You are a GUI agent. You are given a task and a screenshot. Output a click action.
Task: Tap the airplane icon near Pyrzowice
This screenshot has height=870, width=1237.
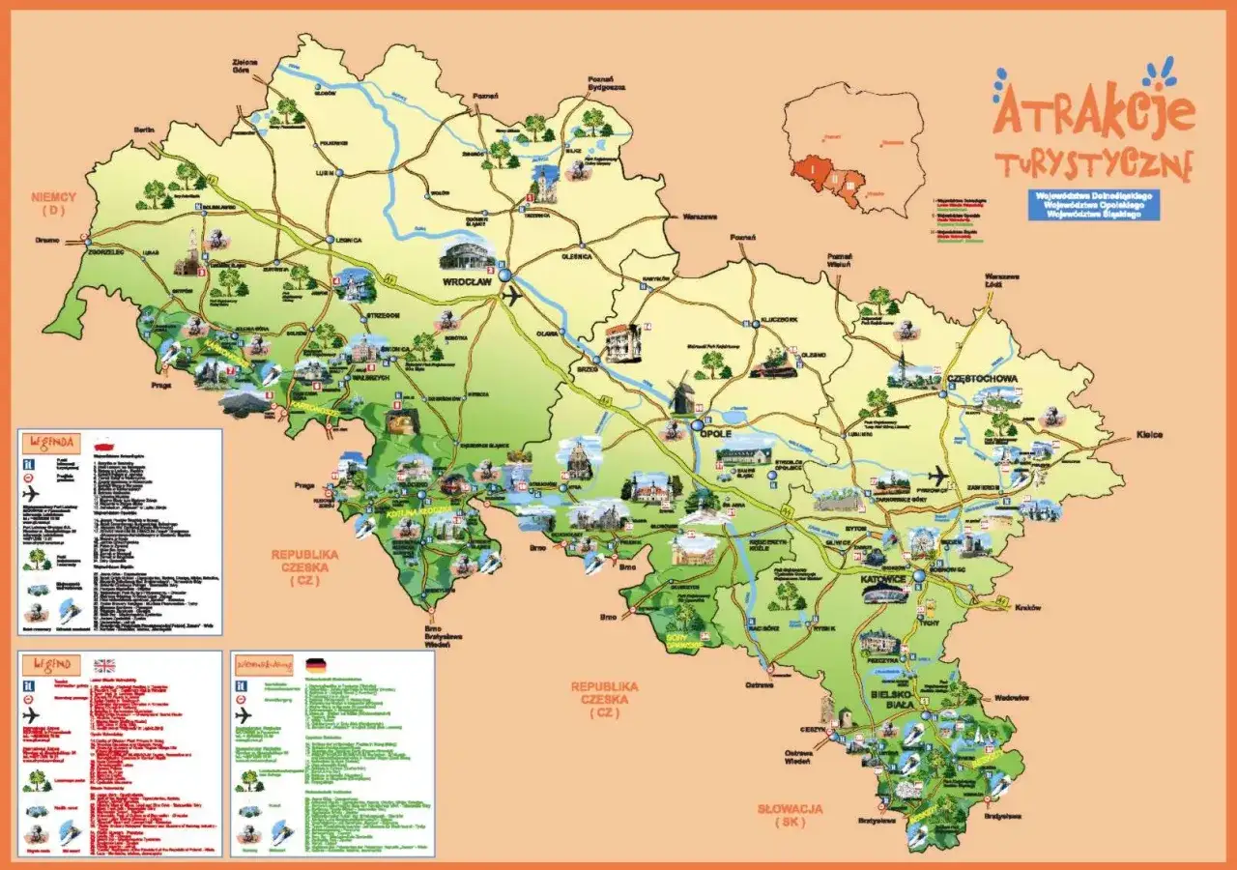coord(936,476)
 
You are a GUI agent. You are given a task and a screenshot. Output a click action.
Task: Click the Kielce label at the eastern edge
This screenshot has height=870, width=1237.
coord(1149,435)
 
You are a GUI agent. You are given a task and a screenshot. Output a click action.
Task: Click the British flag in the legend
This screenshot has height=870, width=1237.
coord(103,665)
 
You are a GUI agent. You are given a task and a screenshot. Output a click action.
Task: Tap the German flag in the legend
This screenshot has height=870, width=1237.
coord(316,665)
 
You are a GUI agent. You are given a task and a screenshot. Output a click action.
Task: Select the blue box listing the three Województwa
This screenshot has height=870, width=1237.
coord(1094,205)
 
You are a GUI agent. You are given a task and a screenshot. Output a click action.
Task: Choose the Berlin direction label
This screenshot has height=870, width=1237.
coord(144,129)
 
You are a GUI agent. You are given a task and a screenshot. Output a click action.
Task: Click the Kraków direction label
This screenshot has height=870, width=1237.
coord(1029,607)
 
